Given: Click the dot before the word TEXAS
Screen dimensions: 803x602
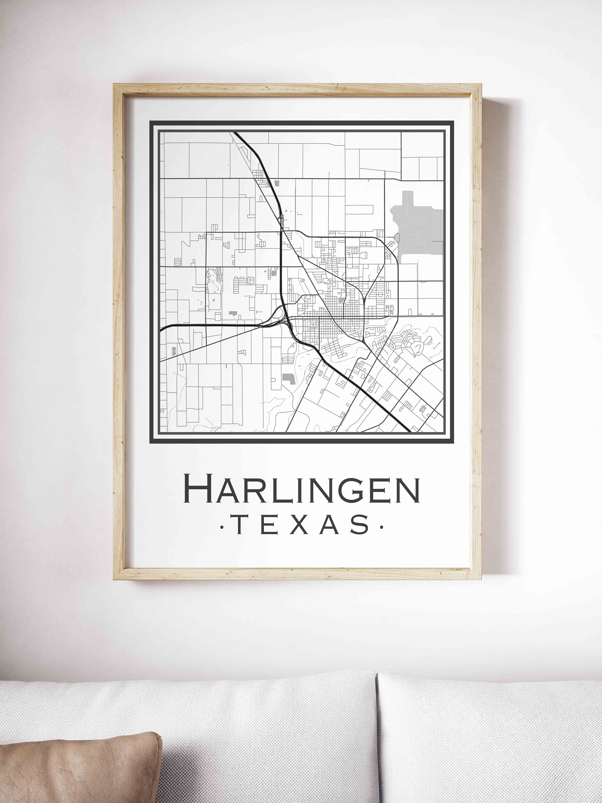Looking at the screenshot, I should point(222,527).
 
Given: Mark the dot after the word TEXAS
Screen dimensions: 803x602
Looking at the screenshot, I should point(381,527).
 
